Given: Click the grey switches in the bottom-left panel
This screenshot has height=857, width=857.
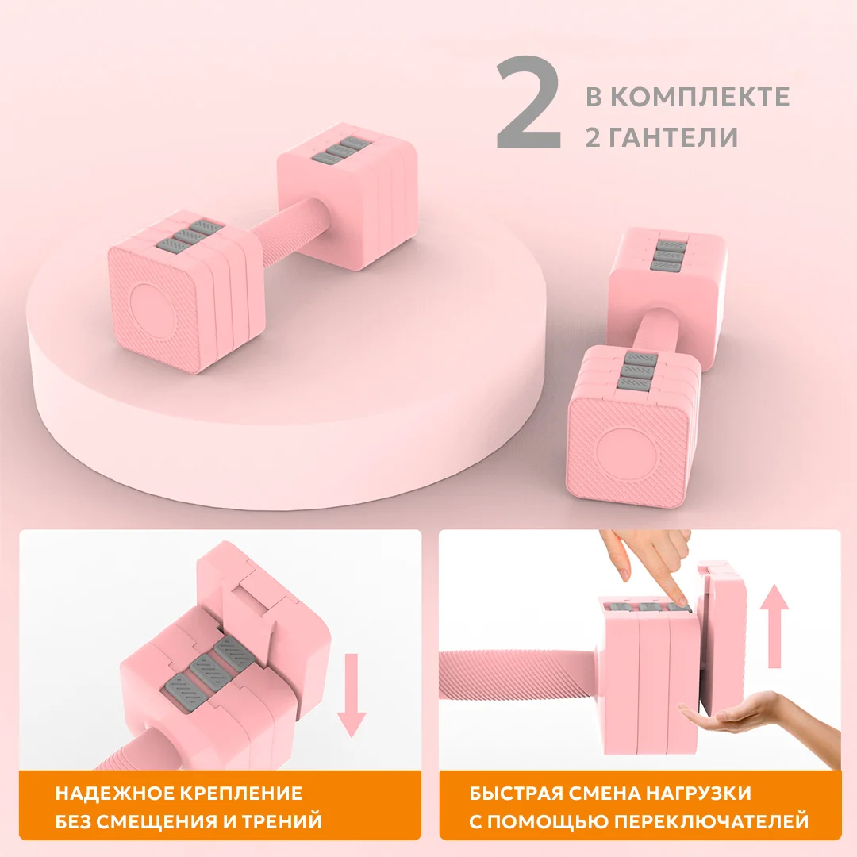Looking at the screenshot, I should tap(206, 667).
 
